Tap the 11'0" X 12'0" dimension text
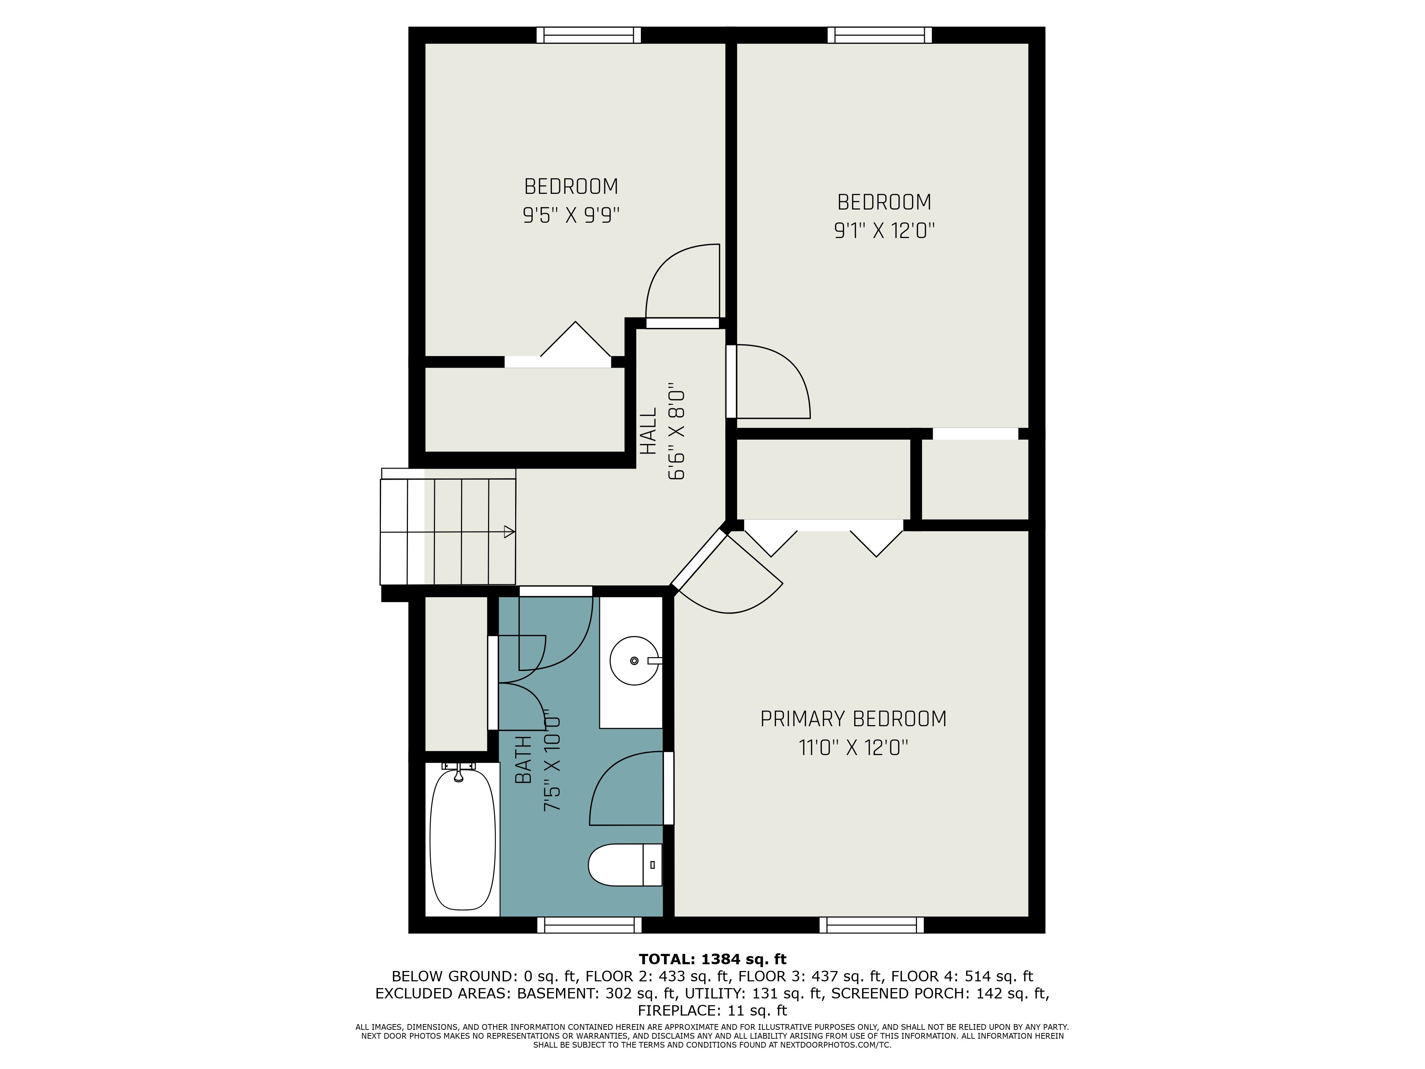[854, 748]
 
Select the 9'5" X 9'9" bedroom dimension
[571, 215]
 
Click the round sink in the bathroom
[634, 661]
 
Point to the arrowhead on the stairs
[509, 532]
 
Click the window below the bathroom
[590, 925]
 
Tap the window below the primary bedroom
[872, 925]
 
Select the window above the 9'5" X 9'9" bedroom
[589, 35]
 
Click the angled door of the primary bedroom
[699, 559]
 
